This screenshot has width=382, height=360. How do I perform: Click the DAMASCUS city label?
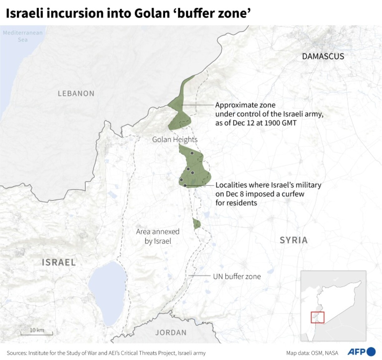(x=323, y=56)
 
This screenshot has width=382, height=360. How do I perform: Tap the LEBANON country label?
(x=76, y=94)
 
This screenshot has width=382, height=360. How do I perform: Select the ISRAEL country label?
(x=59, y=262)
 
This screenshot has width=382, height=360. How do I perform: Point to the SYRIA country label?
(x=293, y=240)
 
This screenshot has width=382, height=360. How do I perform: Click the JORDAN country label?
(x=171, y=333)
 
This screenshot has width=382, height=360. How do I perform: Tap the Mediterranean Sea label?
(x=22, y=36)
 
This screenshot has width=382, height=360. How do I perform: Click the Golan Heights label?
(x=174, y=139)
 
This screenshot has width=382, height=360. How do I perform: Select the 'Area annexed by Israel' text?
(x=158, y=236)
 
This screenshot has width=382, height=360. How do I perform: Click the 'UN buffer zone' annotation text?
(x=237, y=276)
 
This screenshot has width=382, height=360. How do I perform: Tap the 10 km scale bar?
(x=37, y=332)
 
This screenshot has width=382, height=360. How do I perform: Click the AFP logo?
(x=361, y=352)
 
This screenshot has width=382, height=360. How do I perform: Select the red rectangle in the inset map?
(x=318, y=317)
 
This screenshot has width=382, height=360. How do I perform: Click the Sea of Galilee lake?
(x=107, y=291)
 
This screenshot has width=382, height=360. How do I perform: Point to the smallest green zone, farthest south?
(x=196, y=223)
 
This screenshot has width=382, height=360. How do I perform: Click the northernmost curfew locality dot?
(x=192, y=153)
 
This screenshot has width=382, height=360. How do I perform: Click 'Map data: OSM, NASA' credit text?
(x=312, y=353)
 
